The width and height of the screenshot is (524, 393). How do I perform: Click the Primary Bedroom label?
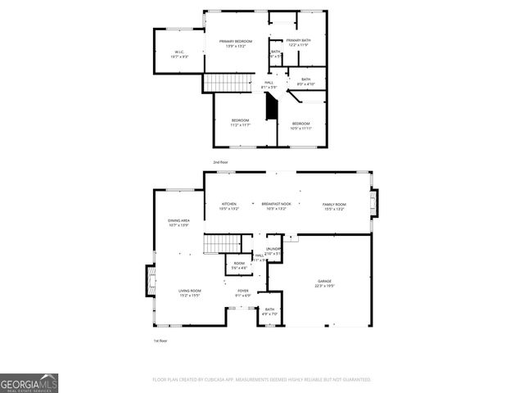pos(239,41)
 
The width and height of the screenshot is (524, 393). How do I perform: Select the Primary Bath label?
pos(297,41)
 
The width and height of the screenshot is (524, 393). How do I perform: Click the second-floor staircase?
pos(219,83)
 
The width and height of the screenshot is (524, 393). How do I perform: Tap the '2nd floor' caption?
pos(221,162)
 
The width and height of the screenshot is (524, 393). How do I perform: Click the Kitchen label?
pos(228,204)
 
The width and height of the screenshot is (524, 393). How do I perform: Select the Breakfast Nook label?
pos(277,204)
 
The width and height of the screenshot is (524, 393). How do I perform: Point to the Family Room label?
pos(334,204)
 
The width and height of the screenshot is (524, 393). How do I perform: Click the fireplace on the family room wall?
pos(376,203)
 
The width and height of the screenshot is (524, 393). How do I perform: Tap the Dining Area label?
pos(179,220)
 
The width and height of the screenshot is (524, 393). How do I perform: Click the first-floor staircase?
pos(219,243)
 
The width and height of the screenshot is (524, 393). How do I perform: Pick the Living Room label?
pos(191,291)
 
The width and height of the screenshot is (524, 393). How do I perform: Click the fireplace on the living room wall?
pos(151,281)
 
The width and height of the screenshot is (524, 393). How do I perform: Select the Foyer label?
pos(243,291)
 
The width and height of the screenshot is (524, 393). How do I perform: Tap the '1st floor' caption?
pos(160,340)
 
